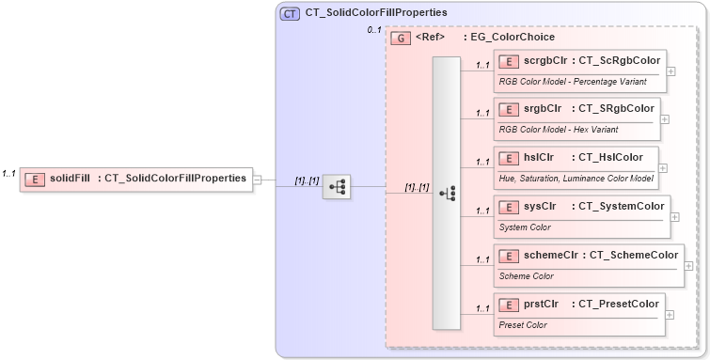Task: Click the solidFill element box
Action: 136,177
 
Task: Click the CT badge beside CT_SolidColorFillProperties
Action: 290,14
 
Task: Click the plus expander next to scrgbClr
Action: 671,70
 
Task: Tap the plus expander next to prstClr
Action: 670,314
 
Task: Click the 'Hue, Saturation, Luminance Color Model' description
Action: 576,178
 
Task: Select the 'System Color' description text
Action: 525,227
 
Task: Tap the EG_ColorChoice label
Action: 512,38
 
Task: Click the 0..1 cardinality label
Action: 373,31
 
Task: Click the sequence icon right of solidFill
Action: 336,187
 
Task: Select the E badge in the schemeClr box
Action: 509,256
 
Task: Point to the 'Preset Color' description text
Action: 523,324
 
